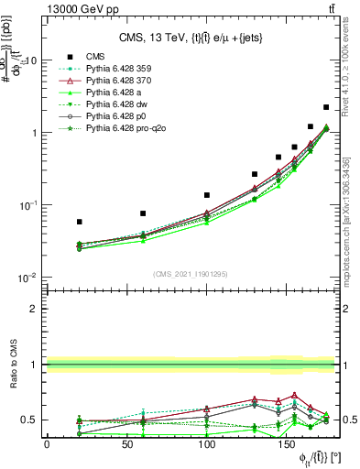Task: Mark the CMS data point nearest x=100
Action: click(x=207, y=195)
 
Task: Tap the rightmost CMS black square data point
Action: click(x=326, y=107)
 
